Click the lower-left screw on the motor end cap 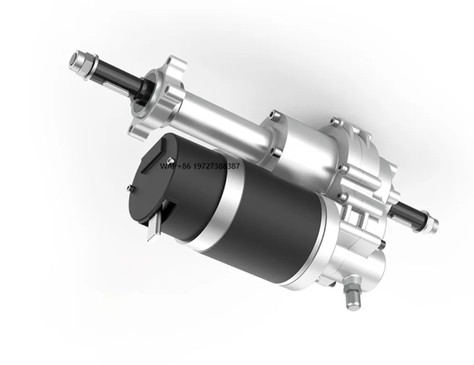(131, 188)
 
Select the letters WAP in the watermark (167, 166)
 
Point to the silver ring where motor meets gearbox (319, 242)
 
